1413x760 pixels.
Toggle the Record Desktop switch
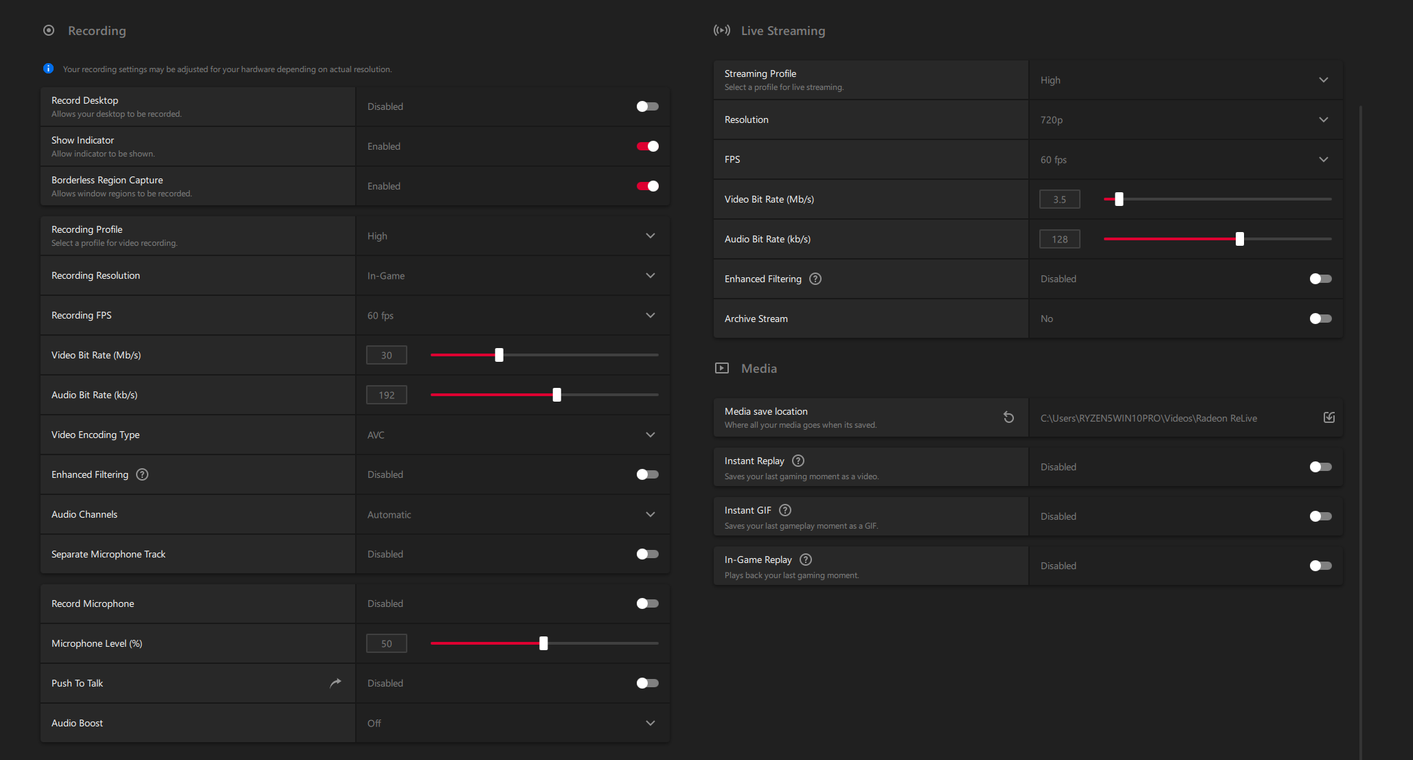pyautogui.click(x=647, y=106)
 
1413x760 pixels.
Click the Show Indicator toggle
pyautogui.click(x=647, y=146)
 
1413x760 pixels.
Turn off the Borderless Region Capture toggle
pyautogui.click(x=647, y=186)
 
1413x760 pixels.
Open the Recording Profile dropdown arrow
pyautogui.click(x=650, y=236)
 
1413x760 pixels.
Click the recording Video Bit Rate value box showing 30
pyautogui.click(x=387, y=355)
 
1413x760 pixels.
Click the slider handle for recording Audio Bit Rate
pyautogui.click(x=557, y=395)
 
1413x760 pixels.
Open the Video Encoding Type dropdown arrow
pyautogui.click(x=650, y=435)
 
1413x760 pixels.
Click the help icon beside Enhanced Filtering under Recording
pyautogui.click(x=142, y=474)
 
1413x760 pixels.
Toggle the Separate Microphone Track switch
pyautogui.click(x=647, y=554)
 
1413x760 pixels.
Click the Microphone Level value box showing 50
pyautogui.click(x=387, y=643)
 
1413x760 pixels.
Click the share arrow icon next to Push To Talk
pyautogui.click(x=335, y=683)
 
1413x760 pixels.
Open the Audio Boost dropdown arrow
pyautogui.click(x=650, y=724)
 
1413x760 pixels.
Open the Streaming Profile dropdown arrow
pyautogui.click(x=1323, y=80)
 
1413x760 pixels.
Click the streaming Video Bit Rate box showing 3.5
pyautogui.click(x=1060, y=199)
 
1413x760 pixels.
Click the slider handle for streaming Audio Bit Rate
pyautogui.click(x=1240, y=239)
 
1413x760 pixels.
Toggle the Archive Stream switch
pyautogui.click(x=1320, y=319)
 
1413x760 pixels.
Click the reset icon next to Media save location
pyautogui.click(x=1008, y=417)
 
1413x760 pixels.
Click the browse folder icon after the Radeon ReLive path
pyautogui.click(x=1329, y=417)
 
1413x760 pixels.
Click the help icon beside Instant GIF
pyautogui.click(x=785, y=510)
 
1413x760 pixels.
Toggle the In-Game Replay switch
pyautogui.click(x=1320, y=566)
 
